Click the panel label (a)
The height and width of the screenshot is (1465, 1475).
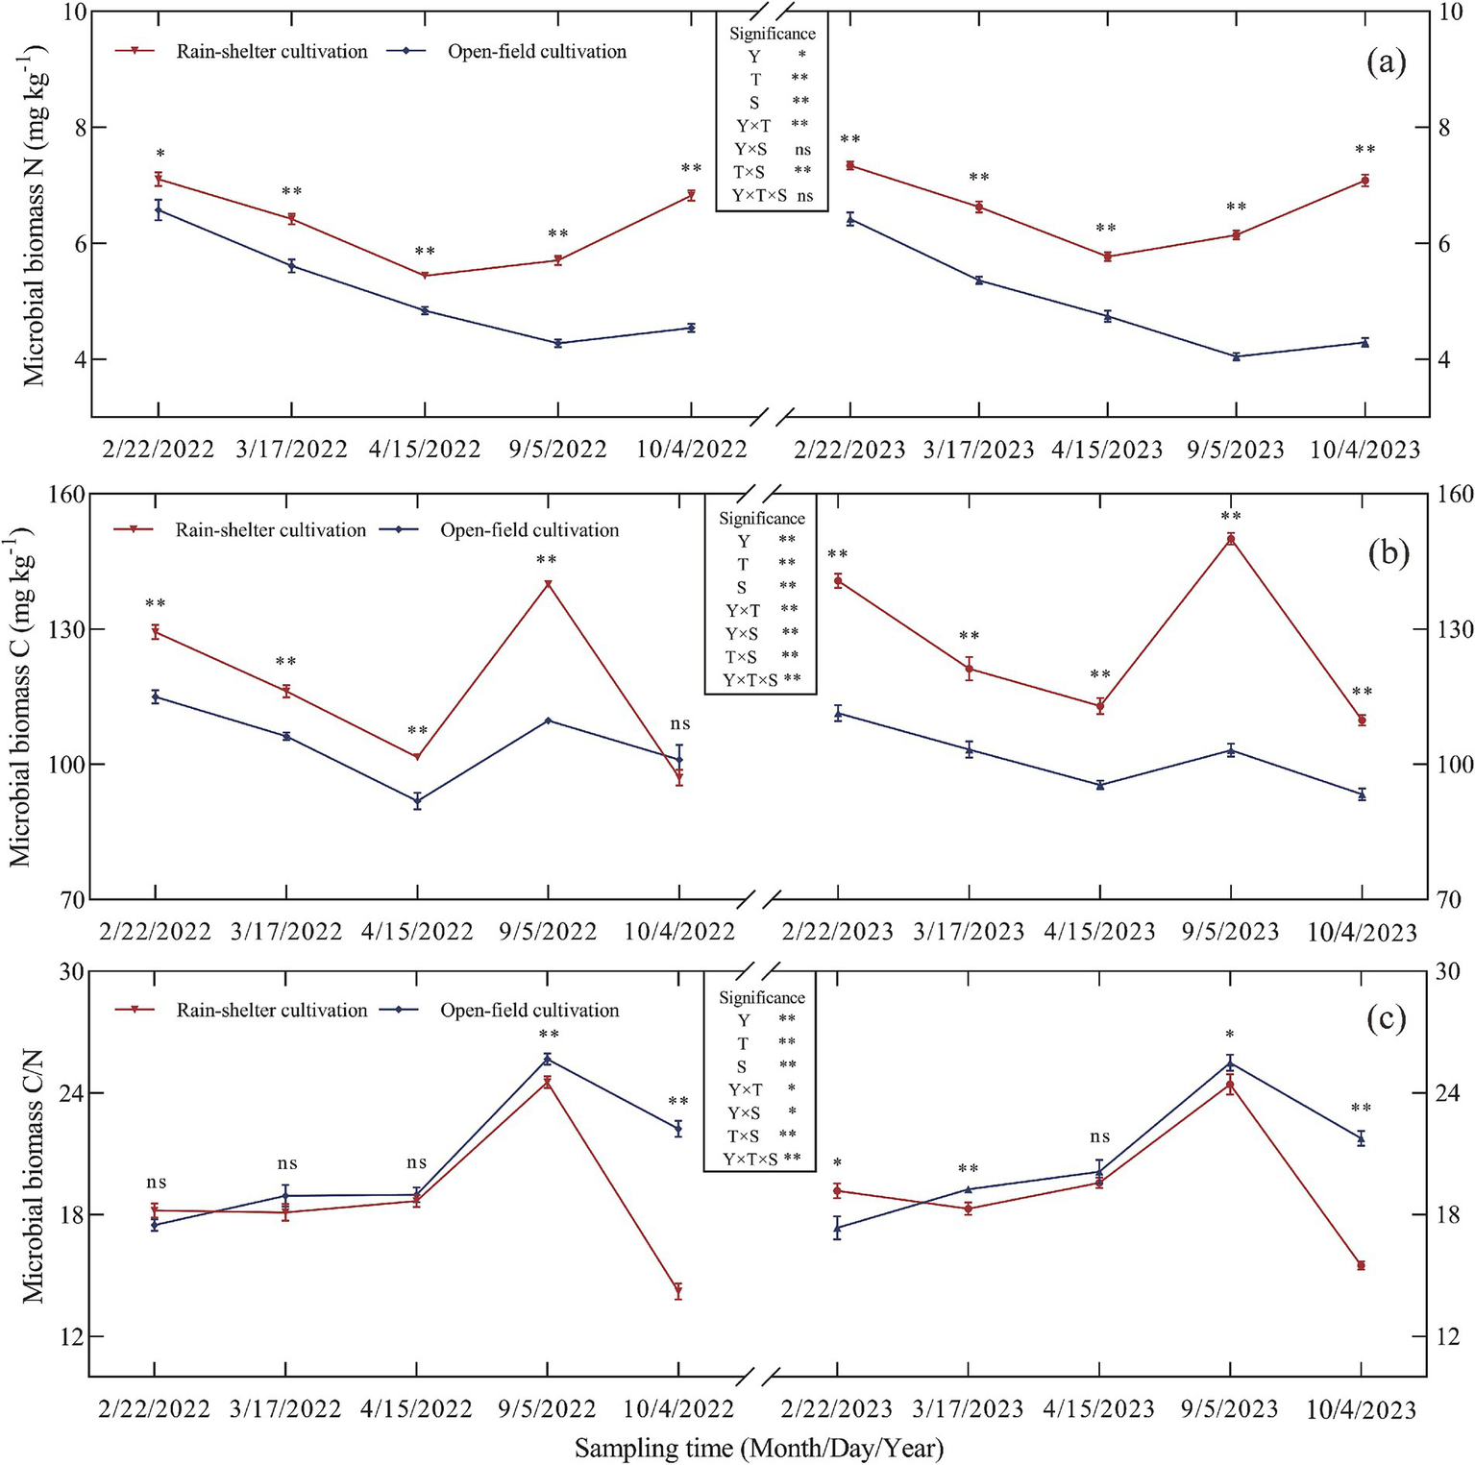(x=1386, y=63)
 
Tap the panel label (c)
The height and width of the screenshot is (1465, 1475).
(x=1387, y=1018)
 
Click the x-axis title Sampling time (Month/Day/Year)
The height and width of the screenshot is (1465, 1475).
(x=759, y=1448)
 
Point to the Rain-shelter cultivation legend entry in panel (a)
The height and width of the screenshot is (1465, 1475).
(x=271, y=52)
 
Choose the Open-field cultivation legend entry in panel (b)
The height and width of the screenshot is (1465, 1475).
(x=529, y=530)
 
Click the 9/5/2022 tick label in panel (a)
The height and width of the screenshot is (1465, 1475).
(x=558, y=450)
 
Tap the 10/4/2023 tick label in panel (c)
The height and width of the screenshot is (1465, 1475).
(x=1361, y=1410)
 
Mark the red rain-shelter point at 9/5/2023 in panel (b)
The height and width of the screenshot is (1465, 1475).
(x=1230, y=539)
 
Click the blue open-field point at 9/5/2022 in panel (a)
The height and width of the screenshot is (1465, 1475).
(x=558, y=343)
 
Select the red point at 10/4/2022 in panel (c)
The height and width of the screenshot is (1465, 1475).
(x=678, y=1291)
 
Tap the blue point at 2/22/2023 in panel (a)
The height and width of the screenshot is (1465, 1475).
(x=850, y=219)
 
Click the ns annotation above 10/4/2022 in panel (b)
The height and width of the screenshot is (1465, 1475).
(x=679, y=724)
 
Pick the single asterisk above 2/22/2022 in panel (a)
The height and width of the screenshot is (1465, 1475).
(x=160, y=155)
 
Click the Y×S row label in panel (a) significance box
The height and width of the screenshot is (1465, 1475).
(x=750, y=149)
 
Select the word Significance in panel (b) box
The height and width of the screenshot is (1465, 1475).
(x=761, y=519)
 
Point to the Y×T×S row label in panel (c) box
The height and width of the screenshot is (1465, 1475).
(x=750, y=1160)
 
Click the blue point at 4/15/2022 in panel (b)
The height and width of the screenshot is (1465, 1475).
(x=417, y=800)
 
